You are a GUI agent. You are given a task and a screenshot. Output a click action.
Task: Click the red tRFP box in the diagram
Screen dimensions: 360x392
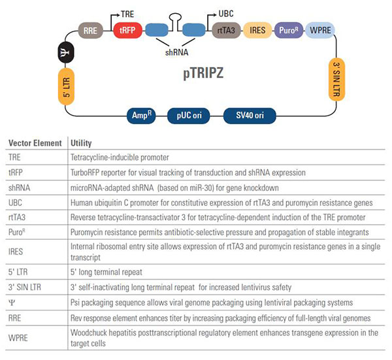tap(127, 30)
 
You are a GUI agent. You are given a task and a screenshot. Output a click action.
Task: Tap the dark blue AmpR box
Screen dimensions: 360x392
tap(144, 116)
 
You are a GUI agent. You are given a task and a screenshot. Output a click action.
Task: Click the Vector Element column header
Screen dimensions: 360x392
tap(35, 143)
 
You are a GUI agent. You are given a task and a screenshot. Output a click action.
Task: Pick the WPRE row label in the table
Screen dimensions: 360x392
tap(19, 334)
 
